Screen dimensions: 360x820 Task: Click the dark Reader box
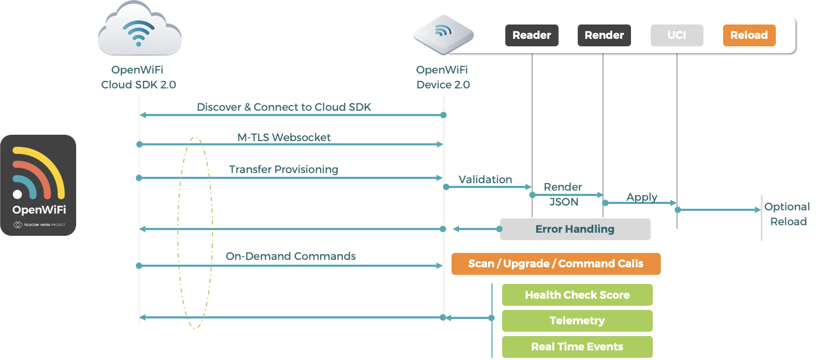[531, 36]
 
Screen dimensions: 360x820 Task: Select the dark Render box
[604, 36]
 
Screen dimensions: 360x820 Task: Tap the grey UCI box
[677, 36]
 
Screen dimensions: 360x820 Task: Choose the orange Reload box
[749, 36]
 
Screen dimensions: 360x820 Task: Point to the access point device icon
[443, 36]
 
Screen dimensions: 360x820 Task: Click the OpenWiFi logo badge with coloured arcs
[38, 185]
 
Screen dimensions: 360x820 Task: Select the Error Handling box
[575, 229]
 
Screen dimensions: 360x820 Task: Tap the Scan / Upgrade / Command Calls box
[555, 264]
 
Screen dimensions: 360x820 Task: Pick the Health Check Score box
[577, 295]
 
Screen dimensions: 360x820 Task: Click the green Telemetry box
[577, 321]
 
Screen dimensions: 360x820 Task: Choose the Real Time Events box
[577, 347]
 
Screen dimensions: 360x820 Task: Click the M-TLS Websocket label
[284, 137]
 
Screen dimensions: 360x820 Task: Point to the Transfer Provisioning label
[283, 169]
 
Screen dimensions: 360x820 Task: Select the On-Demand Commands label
[290, 256]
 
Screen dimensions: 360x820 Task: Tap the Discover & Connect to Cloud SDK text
[284, 107]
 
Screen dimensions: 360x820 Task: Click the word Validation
[485, 179]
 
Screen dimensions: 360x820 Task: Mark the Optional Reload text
[788, 214]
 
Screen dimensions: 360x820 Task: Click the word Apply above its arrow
[642, 197]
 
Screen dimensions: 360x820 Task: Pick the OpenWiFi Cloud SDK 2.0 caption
[138, 77]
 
